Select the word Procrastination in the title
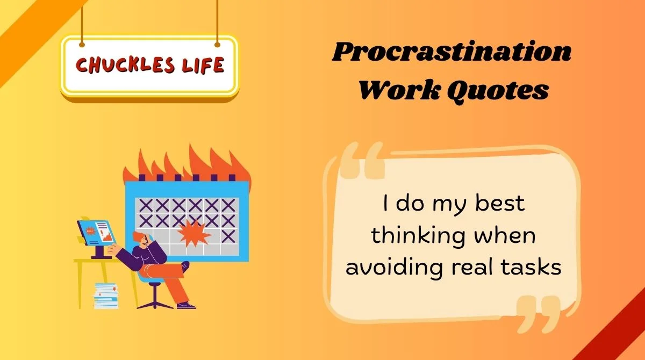(x=451, y=53)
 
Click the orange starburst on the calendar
(x=193, y=232)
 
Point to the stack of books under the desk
(x=106, y=295)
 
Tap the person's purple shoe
(x=186, y=305)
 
